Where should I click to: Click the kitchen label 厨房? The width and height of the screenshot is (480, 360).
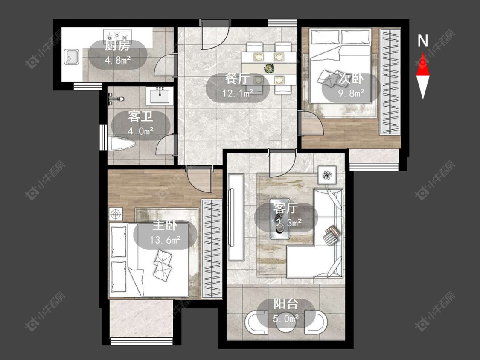click(117, 46)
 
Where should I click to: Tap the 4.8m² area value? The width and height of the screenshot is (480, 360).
click(118, 60)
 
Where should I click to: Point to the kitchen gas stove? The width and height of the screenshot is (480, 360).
click(118, 36)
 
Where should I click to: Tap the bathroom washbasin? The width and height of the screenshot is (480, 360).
click(160, 96)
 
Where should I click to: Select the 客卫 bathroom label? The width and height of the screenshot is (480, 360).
click(140, 116)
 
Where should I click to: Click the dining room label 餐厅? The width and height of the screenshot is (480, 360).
click(237, 78)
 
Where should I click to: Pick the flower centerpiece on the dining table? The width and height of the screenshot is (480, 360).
click(269, 68)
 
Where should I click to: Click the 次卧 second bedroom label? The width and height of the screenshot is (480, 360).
click(351, 78)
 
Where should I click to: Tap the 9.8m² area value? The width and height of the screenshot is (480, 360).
click(351, 93)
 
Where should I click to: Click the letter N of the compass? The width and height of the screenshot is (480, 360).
click(423, 41)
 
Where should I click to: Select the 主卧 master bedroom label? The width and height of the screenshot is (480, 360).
click(165, 226)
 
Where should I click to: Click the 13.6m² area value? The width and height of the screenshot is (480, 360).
click(165, 239)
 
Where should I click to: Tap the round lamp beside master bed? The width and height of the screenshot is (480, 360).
click(116, 214)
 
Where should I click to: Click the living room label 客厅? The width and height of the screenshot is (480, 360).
click(285, 209)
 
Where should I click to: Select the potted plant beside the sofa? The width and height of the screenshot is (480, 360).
click(327, 175)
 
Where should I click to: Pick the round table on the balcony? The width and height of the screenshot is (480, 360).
click(285, 324)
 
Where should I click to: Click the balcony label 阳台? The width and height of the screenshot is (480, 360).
click(285, 304)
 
